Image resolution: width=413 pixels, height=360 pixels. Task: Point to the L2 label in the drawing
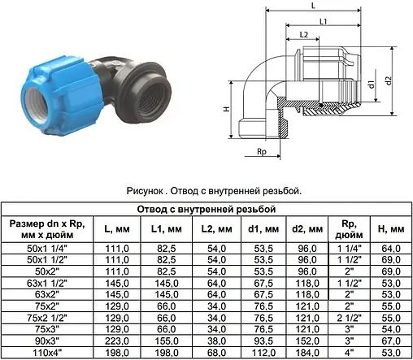click(304, 34)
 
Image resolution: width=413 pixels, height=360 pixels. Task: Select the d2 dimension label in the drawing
click(389, 80)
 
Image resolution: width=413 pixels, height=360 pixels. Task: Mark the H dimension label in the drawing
click(226, 109)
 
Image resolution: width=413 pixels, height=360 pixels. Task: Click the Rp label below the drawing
click(262, 152)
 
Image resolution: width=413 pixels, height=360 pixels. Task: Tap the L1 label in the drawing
click(324, 21)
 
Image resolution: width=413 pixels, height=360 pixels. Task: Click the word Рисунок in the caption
click(145, 191)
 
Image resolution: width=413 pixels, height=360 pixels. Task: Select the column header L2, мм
click(216, 229)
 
